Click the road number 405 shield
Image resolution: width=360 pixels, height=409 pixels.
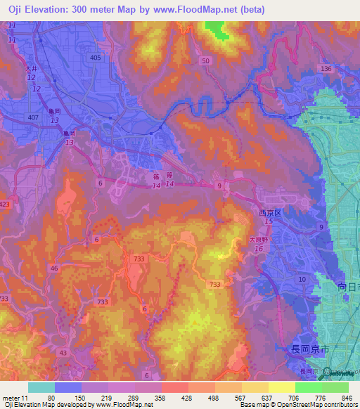click(x=95, y=58)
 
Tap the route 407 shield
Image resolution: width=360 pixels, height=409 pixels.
click(x=32, y=116)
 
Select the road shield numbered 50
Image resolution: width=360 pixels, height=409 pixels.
click(x=205, y=61)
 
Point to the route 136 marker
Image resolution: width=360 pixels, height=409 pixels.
click(x=325, y=68)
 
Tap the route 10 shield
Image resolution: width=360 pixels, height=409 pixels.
click(x=302, y=279)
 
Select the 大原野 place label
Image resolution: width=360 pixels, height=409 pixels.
click(x=259, y=239)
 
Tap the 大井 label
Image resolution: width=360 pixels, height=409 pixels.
click(x=30, y=69)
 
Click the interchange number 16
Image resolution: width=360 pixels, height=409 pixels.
click(x=259, y=249)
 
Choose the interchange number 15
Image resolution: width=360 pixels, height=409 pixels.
click(x=269, y=221)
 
